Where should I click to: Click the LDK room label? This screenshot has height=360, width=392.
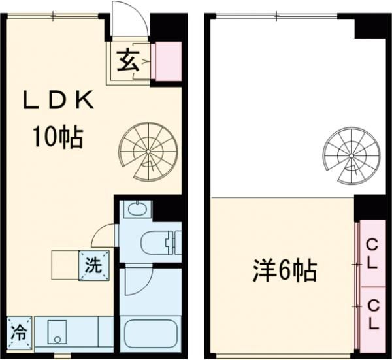point(59,102)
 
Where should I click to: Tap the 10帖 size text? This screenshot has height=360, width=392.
point(58,137)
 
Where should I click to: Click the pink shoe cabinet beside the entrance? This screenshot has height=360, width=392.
point(166,62)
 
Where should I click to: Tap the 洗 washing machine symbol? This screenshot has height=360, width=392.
point(93,265)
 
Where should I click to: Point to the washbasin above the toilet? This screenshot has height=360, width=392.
point(136,210)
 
